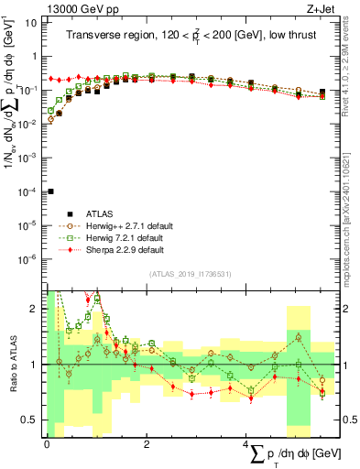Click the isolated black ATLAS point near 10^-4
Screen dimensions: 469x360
pyautogui.click(x=50, y=191)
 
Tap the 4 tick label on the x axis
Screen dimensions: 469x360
pyautogui.click(x=247, y=445)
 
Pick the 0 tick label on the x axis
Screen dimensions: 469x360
pyautogui.click(x=47, y=445)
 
